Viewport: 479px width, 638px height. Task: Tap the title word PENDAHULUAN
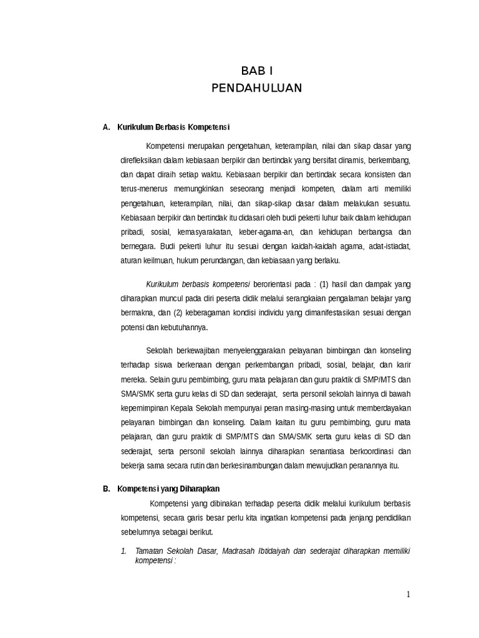point(256,88)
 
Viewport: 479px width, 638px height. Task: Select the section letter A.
point(106,128)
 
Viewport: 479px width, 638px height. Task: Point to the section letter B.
point(106,488)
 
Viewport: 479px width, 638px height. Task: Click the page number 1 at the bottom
point(409,594)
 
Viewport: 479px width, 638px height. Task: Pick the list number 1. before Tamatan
point(123,551)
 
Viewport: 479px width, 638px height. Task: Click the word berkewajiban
point(198,350)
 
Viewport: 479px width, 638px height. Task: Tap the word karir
point(402,364)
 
